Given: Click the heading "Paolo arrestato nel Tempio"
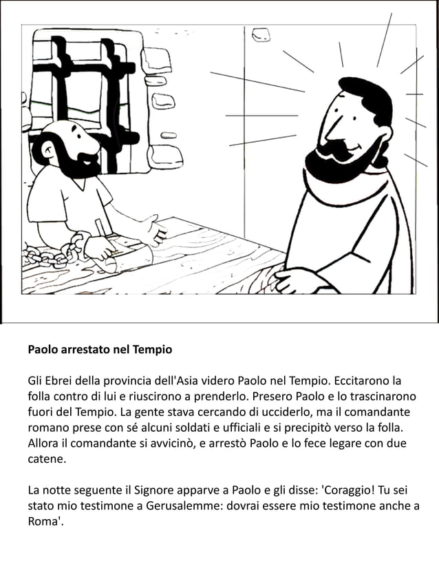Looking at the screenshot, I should point(100,349).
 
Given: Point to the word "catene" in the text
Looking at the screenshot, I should point(45,458).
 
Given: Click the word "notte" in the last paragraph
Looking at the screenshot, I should point(58,490).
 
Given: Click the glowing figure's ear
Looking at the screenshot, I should point(383,135).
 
